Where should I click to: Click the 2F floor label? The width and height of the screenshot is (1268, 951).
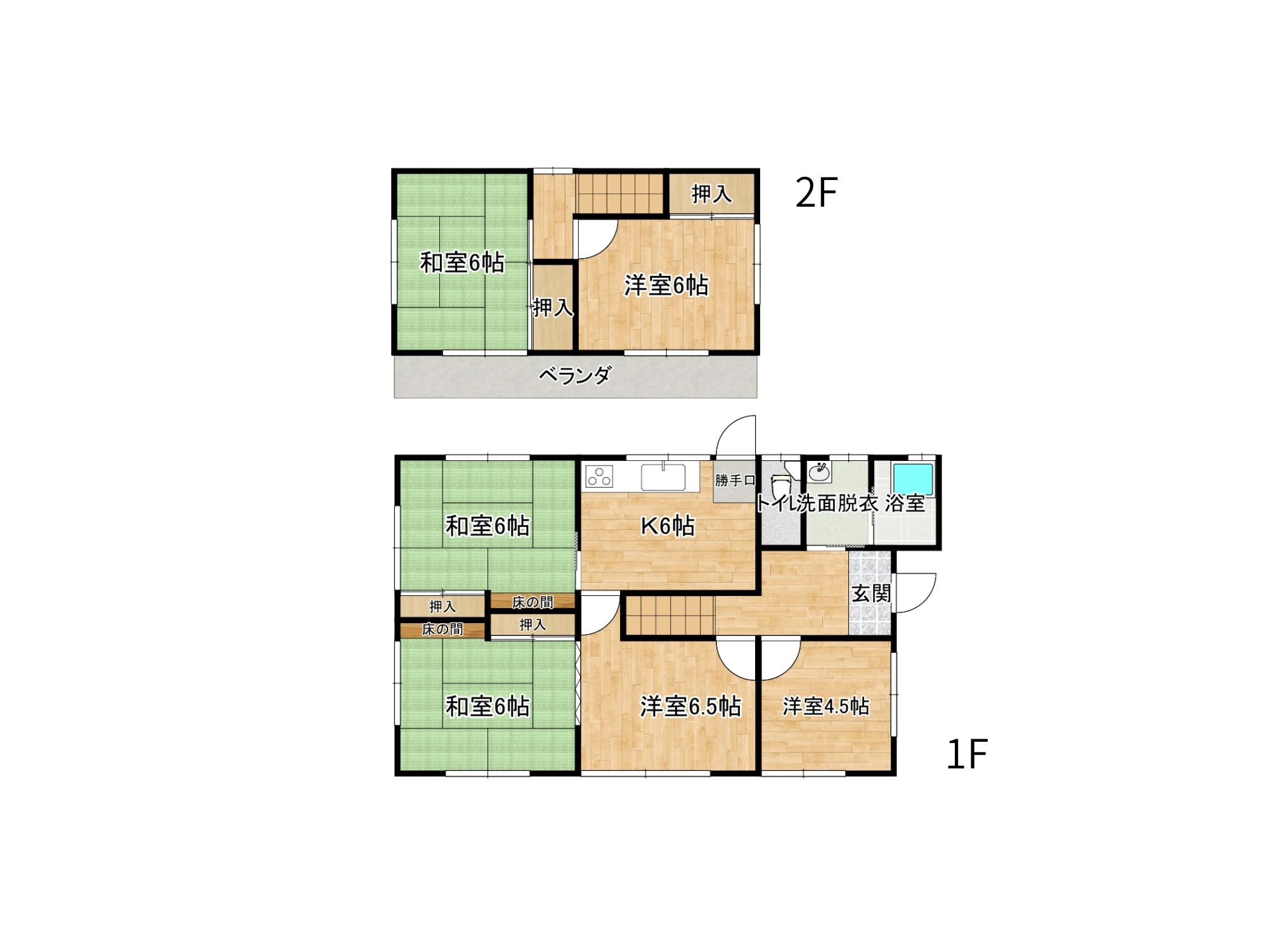tap(817, 193)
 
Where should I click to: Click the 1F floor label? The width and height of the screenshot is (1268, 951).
tap(967, 754)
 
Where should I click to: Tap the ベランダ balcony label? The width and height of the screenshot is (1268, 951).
tap(575, 375)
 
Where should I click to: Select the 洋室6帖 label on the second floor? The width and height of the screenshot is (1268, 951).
tap(666, 285)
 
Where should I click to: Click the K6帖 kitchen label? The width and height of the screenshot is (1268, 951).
tap(668, 526)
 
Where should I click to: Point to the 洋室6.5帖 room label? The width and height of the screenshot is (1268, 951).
tap(690, 706)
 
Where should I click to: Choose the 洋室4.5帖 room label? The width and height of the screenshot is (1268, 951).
tap(825, 706)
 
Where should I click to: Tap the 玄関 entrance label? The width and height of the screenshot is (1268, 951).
tap(871, 593)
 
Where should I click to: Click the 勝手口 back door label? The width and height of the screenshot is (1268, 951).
tap(735, 481)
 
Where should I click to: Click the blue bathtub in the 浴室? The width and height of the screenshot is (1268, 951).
tap(913, 479)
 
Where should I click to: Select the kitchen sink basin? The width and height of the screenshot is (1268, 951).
tap(663, 477)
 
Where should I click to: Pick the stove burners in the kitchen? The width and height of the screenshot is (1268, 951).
tap(599, 476)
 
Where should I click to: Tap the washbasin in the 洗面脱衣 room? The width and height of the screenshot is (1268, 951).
tap(820, 472)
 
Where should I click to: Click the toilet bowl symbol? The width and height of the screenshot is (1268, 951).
tap(780, 485)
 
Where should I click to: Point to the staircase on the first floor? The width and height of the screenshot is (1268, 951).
tap(670, 615)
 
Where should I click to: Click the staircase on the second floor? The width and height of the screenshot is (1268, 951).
tap(619, 193)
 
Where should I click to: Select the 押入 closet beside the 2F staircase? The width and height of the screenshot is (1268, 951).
tap(711, 193)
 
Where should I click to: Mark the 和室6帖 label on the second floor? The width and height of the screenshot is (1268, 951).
tap(462, 262)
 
